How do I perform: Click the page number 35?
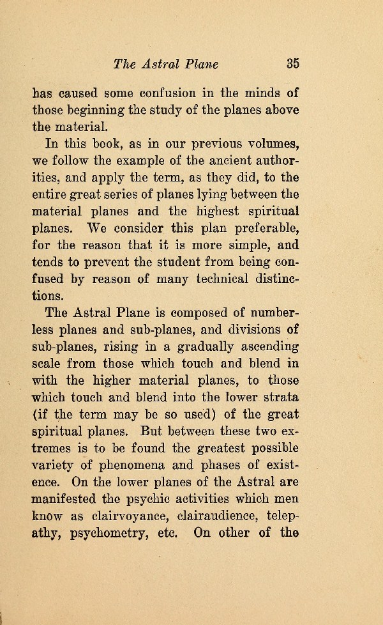pyautogui.click(x=292, y=63)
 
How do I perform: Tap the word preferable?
pyautogui.click(x=266, y=228)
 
